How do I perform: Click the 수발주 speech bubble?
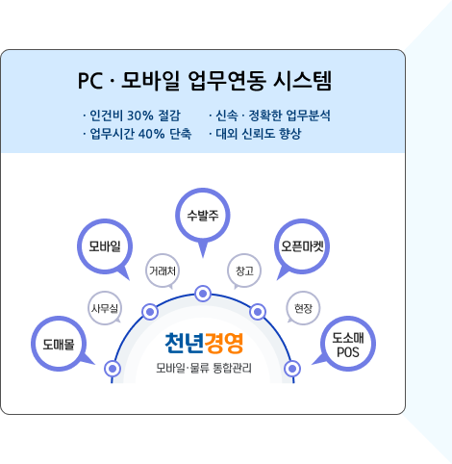[x=203, y=215]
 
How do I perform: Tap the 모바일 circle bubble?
[x=105, y=246]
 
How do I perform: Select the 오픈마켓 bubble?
[x=302, y=246]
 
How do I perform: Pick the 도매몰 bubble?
[x=59, y=344]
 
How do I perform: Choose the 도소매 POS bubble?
[x=348, y=344]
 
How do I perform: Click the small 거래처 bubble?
[x=163, y=271]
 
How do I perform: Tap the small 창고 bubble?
[x=244, y=271]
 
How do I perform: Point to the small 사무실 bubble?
[x=105, y=308]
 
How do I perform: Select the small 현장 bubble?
[x=303, y=308]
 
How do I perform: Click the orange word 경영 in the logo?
[x=224, y=343]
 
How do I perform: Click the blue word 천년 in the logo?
[x=185, y=343]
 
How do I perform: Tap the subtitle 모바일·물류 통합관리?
[x=204, y=368]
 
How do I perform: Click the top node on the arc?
[x=203, y=294]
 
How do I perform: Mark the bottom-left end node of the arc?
[x=113, y=369]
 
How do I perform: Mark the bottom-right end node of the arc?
[x=292, y=369]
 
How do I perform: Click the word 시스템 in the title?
[x=302, y=81]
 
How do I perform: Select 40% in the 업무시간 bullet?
[x=151, y=134]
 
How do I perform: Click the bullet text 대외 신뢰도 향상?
[x=259, y=134]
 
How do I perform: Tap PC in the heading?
[x=90, y=81]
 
